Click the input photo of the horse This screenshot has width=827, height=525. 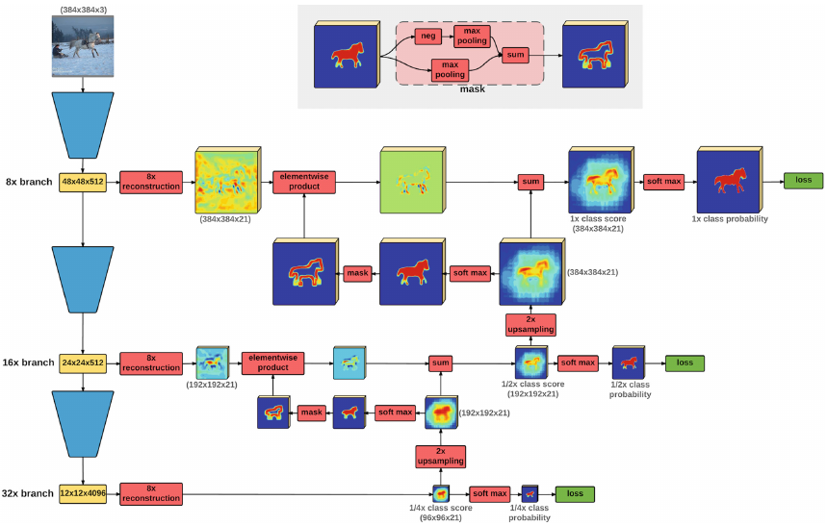pos(83,48)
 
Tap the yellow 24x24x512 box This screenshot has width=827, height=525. pos(83,362)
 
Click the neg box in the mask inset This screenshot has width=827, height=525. pos(428,37)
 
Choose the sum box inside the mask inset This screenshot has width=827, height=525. pos(516,56)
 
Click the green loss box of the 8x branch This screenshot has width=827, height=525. pos(802,180)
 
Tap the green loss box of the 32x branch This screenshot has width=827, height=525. pos(575,494)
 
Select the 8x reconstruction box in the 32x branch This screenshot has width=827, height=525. pos(150,494)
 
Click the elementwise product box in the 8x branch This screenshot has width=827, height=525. pos(303,181)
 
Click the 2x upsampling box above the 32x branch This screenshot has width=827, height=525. pos(440,456)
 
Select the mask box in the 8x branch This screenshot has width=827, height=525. pos(358,274)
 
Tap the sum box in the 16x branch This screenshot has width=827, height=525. pos(441,362)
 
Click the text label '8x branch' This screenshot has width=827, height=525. pos(28,180)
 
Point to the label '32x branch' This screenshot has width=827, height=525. pos(27,494)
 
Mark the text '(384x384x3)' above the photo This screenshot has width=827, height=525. pos(83,7)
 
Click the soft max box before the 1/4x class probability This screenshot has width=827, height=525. pos(489,494)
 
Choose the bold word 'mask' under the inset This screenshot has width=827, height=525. pos(471,88)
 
